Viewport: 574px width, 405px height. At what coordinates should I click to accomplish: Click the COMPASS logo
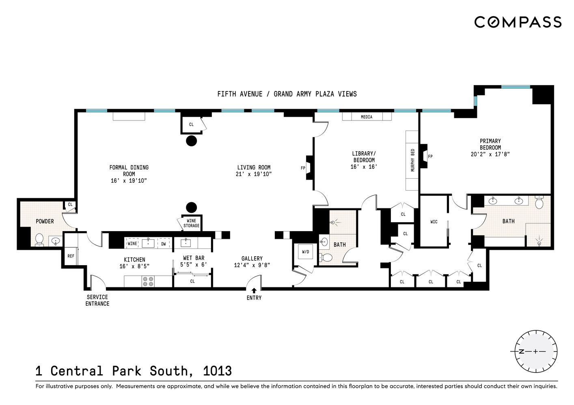[x=518, y=22]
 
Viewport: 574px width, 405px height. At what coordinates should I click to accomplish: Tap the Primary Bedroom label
[x=490, y=144]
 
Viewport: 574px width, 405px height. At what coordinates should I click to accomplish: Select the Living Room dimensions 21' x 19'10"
[x=254, y=174]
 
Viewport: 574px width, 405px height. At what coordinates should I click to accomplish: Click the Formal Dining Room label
[x=129, y=170]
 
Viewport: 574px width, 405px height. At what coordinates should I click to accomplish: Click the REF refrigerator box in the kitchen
[x=71, y=256]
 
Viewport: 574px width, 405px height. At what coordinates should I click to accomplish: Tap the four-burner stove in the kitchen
[x=148, y=281]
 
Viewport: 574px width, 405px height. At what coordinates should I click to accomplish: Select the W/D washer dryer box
[x=305, y=252]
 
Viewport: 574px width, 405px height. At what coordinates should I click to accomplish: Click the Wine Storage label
[x=191, y=223]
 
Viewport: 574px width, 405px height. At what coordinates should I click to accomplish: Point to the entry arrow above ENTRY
[x=254, y=290]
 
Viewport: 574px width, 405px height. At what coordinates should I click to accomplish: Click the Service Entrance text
[x=97, y=300]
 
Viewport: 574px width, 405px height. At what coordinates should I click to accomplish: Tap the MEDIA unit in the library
[x=367, y=117]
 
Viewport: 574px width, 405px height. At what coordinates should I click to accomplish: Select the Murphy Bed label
[x=412, y=160]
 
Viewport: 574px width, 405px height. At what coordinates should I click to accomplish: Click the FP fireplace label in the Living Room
[x=303, y=168]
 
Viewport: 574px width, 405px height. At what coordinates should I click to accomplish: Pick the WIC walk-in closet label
[x=434, y=222]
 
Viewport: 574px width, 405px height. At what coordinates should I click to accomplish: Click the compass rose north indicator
[x=522, y=351]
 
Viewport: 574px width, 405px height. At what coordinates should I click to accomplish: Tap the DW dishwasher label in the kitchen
[x=164, y=244]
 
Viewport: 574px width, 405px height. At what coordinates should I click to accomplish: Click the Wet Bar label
[x=194, y=258]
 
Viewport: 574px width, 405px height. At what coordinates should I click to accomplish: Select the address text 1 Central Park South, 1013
[x=134, y=371]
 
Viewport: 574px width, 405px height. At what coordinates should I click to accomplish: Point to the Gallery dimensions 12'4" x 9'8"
[x=252, y=265]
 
